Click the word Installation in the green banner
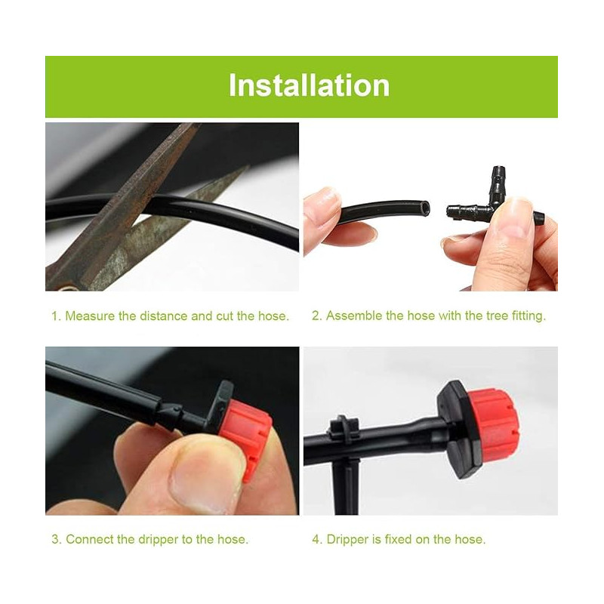click(309, 85)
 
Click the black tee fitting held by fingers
click(491, 208)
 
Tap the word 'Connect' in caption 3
click(88, 539)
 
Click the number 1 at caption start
click(54, 316)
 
